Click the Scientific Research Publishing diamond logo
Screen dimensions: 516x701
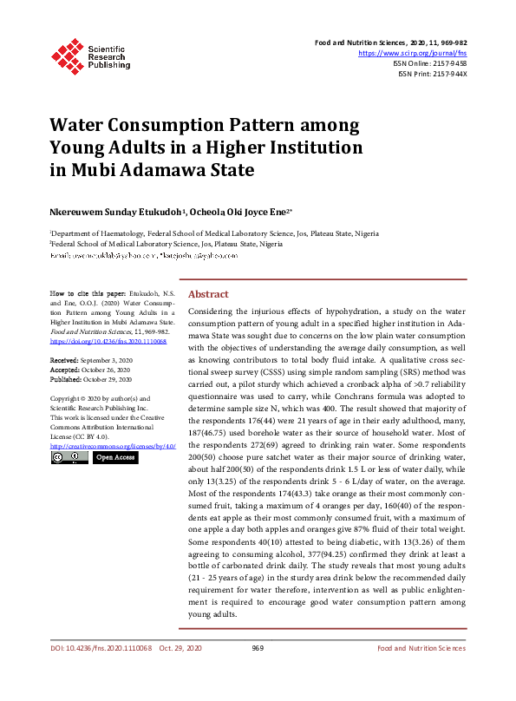[x=68, y=54]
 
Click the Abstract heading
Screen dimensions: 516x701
[x=208, y=294]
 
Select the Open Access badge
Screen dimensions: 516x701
[x=115, y=457]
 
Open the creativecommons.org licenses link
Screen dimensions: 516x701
[x=113, y=446]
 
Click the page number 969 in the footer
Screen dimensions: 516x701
[x=258, y=648]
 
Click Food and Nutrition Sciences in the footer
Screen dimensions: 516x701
[x=421, y=648]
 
